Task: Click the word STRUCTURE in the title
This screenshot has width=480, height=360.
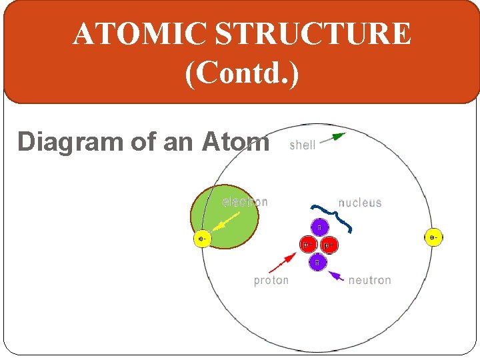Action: coord(307,34)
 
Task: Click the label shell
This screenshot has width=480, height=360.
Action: coord(302,145)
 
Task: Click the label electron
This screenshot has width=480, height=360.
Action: coord(245,202)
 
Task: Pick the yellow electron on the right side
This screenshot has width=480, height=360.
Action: coord(433,237)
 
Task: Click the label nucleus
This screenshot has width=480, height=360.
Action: coord(360,203)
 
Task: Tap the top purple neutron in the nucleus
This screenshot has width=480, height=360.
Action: coord(318,228)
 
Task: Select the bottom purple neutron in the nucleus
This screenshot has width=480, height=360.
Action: coord(317,262)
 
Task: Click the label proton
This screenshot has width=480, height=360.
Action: coord(271,280)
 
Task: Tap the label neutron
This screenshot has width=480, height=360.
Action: coord(369,280)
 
